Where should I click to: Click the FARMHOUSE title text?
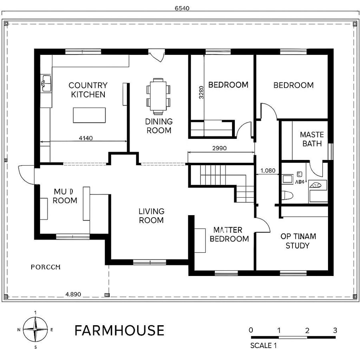(x=119, y=330)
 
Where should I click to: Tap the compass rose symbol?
(x=36, y=329)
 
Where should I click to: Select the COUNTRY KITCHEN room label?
(x=88, y=90)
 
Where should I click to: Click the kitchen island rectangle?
(x=89, y=115)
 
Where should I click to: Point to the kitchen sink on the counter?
(x=46, y=83)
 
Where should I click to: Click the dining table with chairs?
(x=158, y=95)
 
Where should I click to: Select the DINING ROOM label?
(x=159, y=126)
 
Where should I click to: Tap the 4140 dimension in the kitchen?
(x=86, y=138)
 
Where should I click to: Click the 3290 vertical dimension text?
(x=201, y=92)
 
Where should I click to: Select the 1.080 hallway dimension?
(x=268, y=170)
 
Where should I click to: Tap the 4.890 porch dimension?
(x=73, y=294)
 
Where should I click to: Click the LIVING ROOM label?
(x=151, y=216)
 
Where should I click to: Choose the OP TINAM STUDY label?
(x=298, y=241)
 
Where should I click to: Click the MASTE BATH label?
(x=312, y=139)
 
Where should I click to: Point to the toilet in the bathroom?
(x=288, y=195)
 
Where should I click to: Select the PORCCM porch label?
(x=46, y=267)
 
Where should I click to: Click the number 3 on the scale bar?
(x=335, y=330)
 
